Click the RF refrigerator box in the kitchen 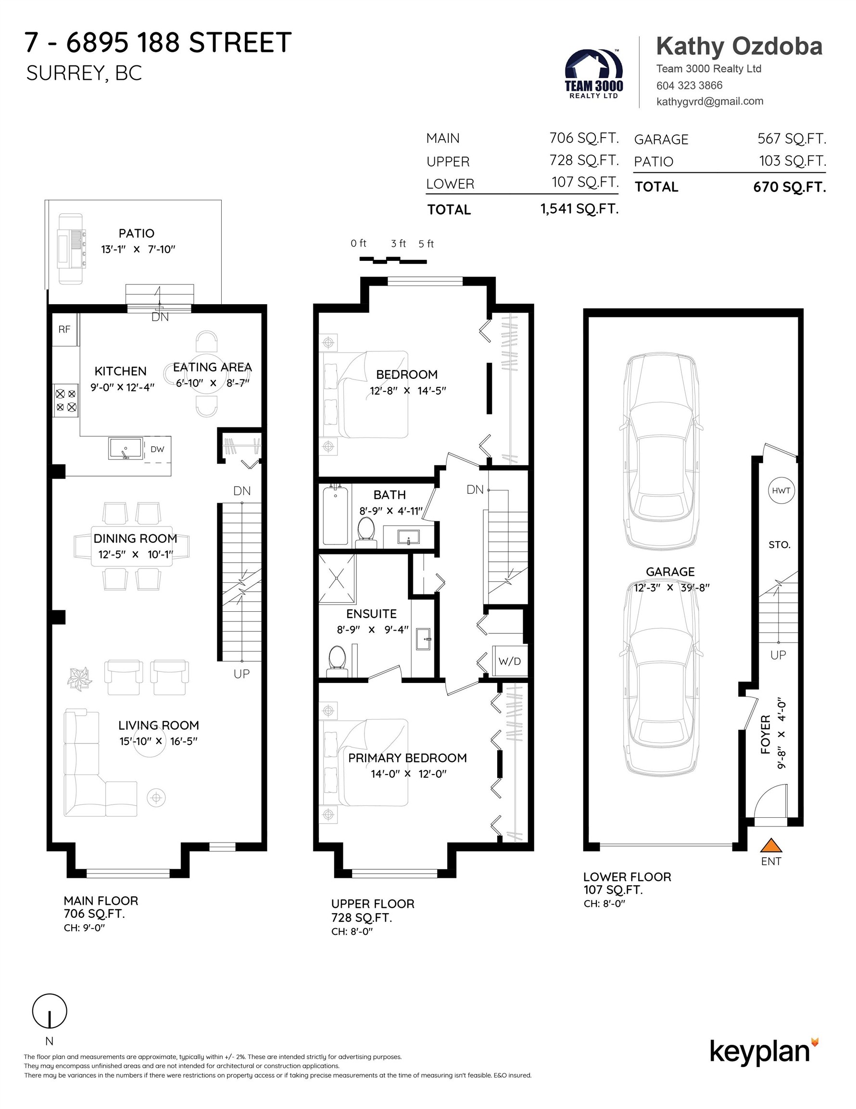[x=64, y=330]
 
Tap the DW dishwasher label [x=157, y=449]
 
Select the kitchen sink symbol [x=126, y=449]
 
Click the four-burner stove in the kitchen [x=66, y=400]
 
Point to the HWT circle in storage [x=781, y=490]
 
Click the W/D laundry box [x=509, y=661]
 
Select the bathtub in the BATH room [x=335, y=515]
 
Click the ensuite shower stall [x=337, y=579]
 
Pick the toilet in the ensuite [x=337, y=660]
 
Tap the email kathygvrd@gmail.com [x=709, y=101]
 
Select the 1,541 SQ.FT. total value [x=579, y=209]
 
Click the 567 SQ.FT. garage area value [x=791, y=139]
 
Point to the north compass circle [x=50, y=1010]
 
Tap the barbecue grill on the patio [x=71, y=248]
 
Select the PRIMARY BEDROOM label [x=407, y=758]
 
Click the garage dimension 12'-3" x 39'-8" [x=671, y=588]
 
